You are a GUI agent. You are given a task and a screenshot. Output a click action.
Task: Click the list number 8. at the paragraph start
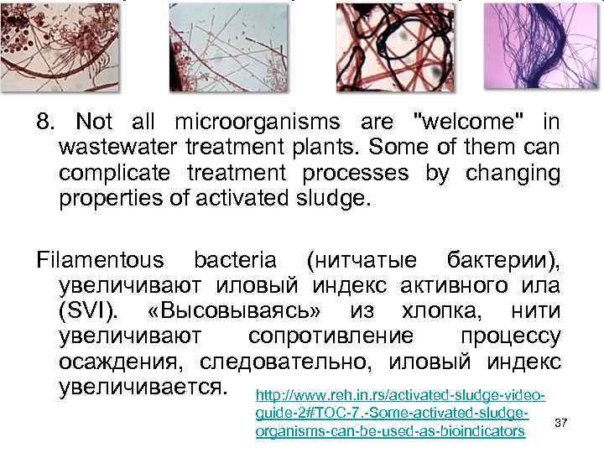[x=46, y=122]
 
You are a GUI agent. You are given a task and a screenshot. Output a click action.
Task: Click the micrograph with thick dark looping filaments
[x=383, y=46]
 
